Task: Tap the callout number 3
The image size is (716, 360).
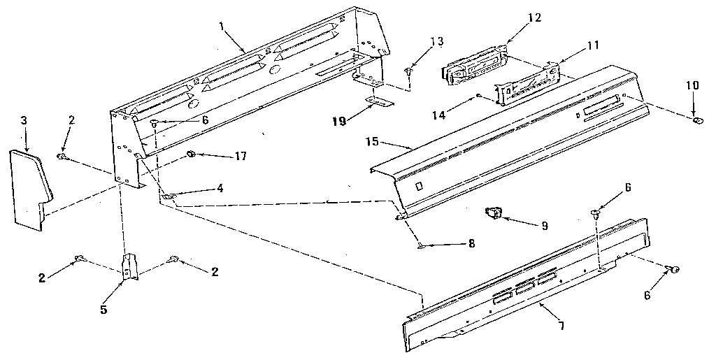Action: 24,121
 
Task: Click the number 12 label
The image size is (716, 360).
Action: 534,17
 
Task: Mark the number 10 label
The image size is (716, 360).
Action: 692,85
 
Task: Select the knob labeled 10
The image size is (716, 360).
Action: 697,123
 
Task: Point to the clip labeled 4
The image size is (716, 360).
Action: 169,198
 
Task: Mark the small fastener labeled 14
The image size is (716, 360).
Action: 478,95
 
